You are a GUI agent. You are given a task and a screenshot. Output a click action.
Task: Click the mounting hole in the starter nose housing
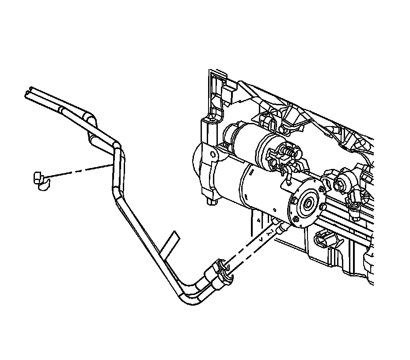point(213,154)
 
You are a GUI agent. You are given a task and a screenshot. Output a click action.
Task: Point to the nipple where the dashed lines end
point(279,228)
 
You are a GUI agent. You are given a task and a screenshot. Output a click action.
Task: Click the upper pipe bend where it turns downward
point(117,146)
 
